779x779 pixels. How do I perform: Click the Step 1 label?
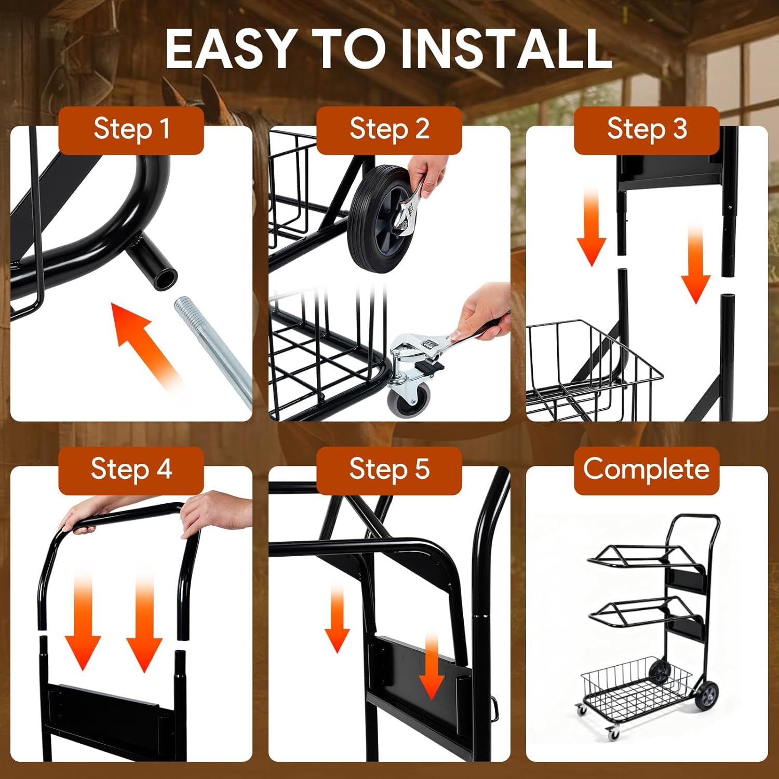pos(131,129)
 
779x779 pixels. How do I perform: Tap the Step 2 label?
pos(389,129)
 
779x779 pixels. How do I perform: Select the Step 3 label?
pos(647,129)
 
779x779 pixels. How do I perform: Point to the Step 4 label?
pos(131,469)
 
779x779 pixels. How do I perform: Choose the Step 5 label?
pos(389,469)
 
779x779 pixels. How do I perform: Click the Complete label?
pos(647,469)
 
